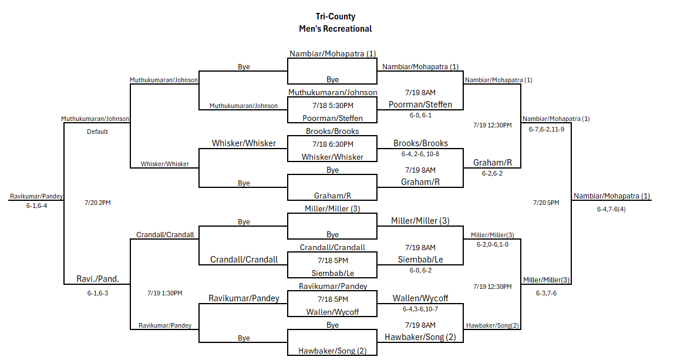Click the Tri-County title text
tap(335, 16)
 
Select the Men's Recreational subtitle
tap(335, 29)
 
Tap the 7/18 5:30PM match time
tap(332, 106)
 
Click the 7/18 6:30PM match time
tap(332, 144)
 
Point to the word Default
tap(97, 132)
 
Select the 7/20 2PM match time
tap(97, 203)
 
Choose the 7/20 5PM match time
tap(546, 203)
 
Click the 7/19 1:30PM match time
tap(165, 293)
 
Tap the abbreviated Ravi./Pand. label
tap(97, 279)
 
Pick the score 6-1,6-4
tap(36, 206)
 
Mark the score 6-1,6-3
tap(97, 293)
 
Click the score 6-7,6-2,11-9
tap(547, 130)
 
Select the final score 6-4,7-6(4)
tap(611, 210)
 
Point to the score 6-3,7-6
tap(546, 293)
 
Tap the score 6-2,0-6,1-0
tap(493, 245)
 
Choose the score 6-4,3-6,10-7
tap(420, 309)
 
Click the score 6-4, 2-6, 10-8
tap(420, 154)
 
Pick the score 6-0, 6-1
tap(420, 116)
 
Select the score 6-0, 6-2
tap(420, 271)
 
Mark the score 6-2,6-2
tap(492, 174)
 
